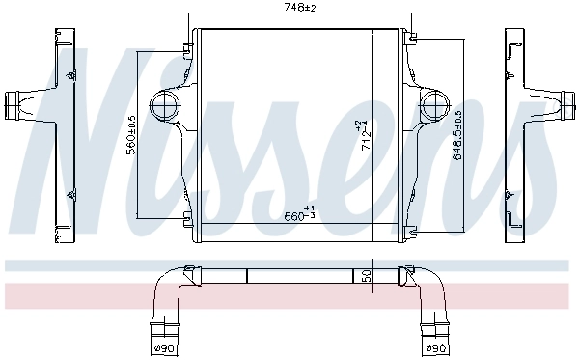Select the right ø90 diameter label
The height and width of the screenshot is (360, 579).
437,347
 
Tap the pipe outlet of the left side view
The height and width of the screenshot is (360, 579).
17,100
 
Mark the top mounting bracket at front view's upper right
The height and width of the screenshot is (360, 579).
411,40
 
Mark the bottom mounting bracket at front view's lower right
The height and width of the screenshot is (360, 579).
411,229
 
